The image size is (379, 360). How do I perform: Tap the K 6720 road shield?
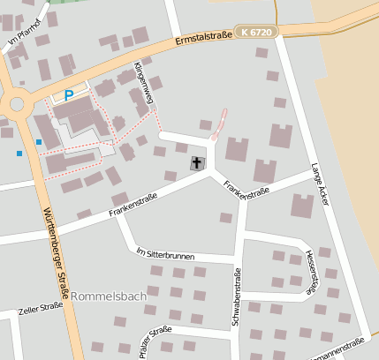257,32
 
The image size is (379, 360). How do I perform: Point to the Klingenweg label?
143,85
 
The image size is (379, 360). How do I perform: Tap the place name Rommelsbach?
108,296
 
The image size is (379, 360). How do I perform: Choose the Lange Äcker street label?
320,185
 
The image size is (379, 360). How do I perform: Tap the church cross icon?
195,163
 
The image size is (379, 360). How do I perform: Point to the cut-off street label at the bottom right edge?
346,350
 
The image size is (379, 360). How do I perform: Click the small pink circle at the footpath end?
214,138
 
